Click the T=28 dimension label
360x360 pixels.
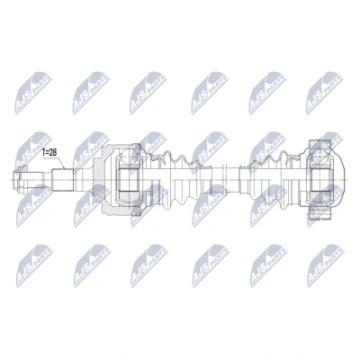(x=49, y=153)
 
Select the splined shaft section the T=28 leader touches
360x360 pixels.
(x=63, y=180)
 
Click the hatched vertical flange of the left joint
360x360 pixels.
(x=98, y=180)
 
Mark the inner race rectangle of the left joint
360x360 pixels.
(x=128, y=180)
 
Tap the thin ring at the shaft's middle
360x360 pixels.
(x=223, y=180)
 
